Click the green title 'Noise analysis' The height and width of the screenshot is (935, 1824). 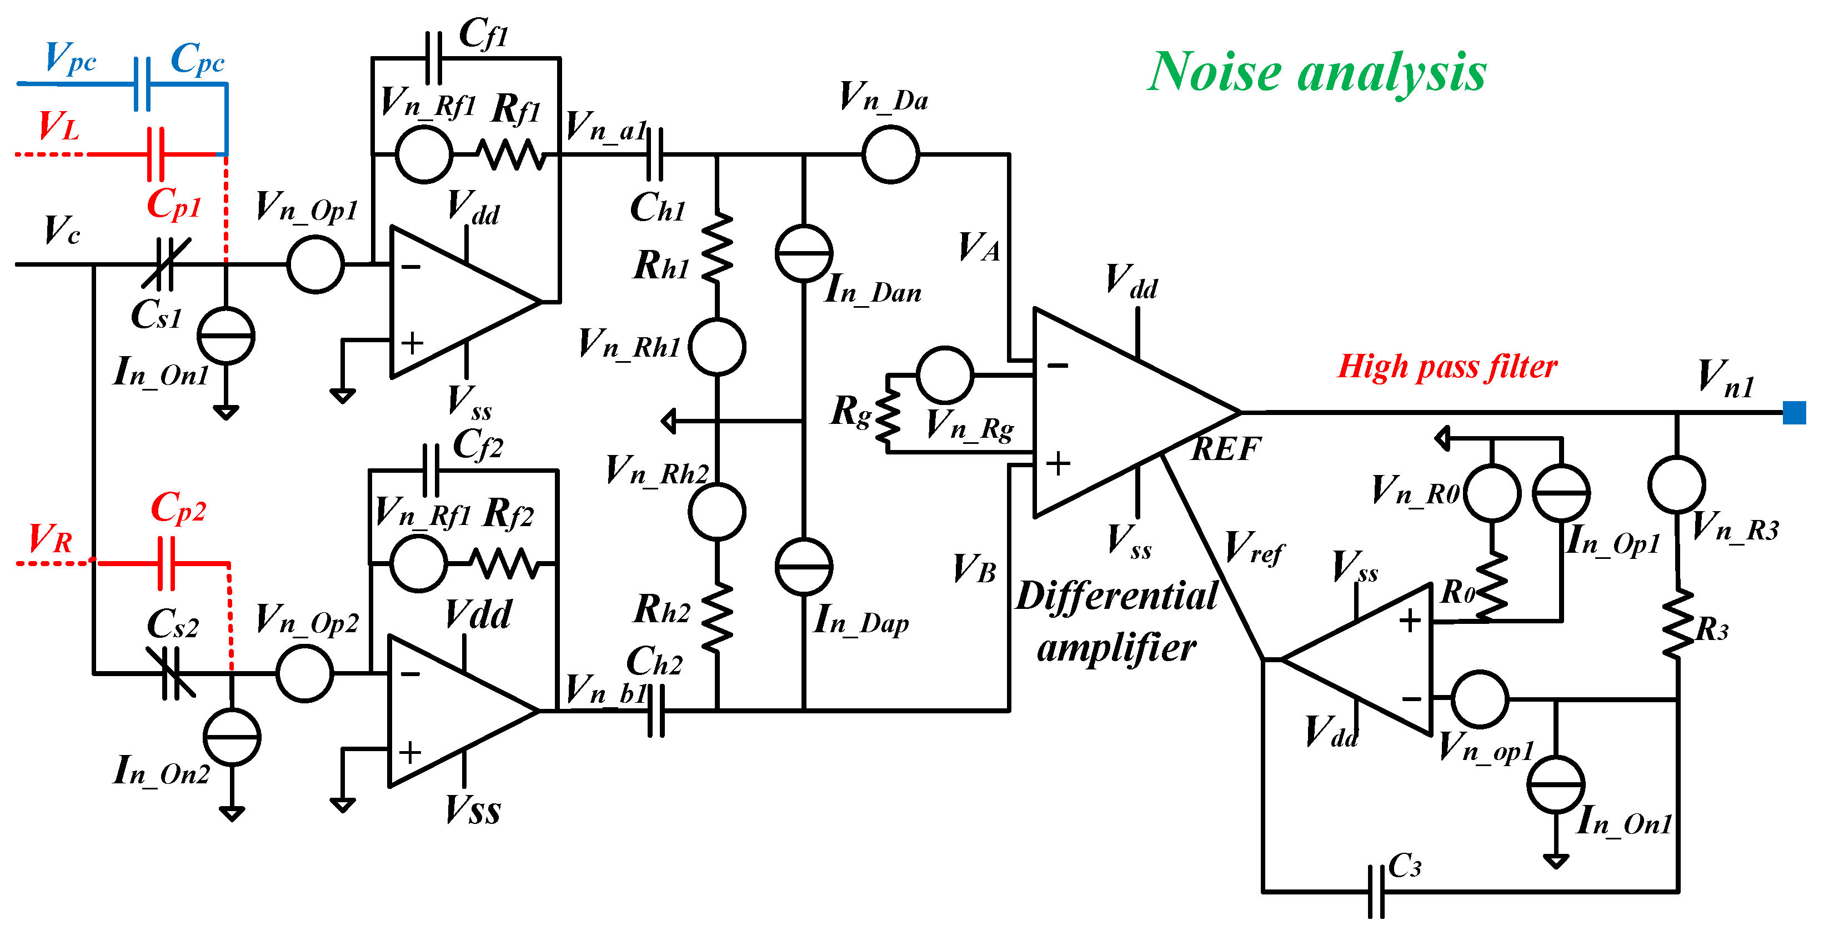1317,72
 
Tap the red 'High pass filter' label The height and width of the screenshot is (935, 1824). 1447,367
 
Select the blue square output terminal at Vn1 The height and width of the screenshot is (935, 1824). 1794,412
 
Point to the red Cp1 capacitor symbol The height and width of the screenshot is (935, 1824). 156,154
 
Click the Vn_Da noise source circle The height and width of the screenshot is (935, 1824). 891,154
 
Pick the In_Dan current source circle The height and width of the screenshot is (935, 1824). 804,253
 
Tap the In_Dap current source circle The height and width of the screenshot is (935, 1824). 804,567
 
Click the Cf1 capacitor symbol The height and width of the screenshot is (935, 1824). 433,58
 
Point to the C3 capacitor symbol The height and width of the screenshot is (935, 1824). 1376,892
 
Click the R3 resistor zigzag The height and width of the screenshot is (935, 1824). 1677,623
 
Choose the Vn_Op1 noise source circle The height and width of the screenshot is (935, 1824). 316,264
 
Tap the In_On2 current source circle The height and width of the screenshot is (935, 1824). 232,737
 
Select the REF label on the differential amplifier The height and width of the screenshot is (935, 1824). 1226,449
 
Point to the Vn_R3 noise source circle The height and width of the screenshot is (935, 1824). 1677,484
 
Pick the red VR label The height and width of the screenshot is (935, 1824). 51,538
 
